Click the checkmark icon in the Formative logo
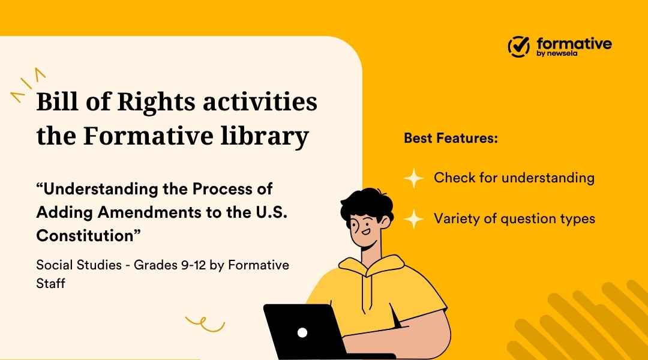(519, 46)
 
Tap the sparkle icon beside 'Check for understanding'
(414, 178)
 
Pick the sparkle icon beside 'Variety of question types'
(414, 218)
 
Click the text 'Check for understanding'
(514, 178)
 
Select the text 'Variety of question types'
(514, 218)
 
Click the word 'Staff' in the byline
(50, 283)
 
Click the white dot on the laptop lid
(302, 332)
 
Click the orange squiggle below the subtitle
(204, 325)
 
